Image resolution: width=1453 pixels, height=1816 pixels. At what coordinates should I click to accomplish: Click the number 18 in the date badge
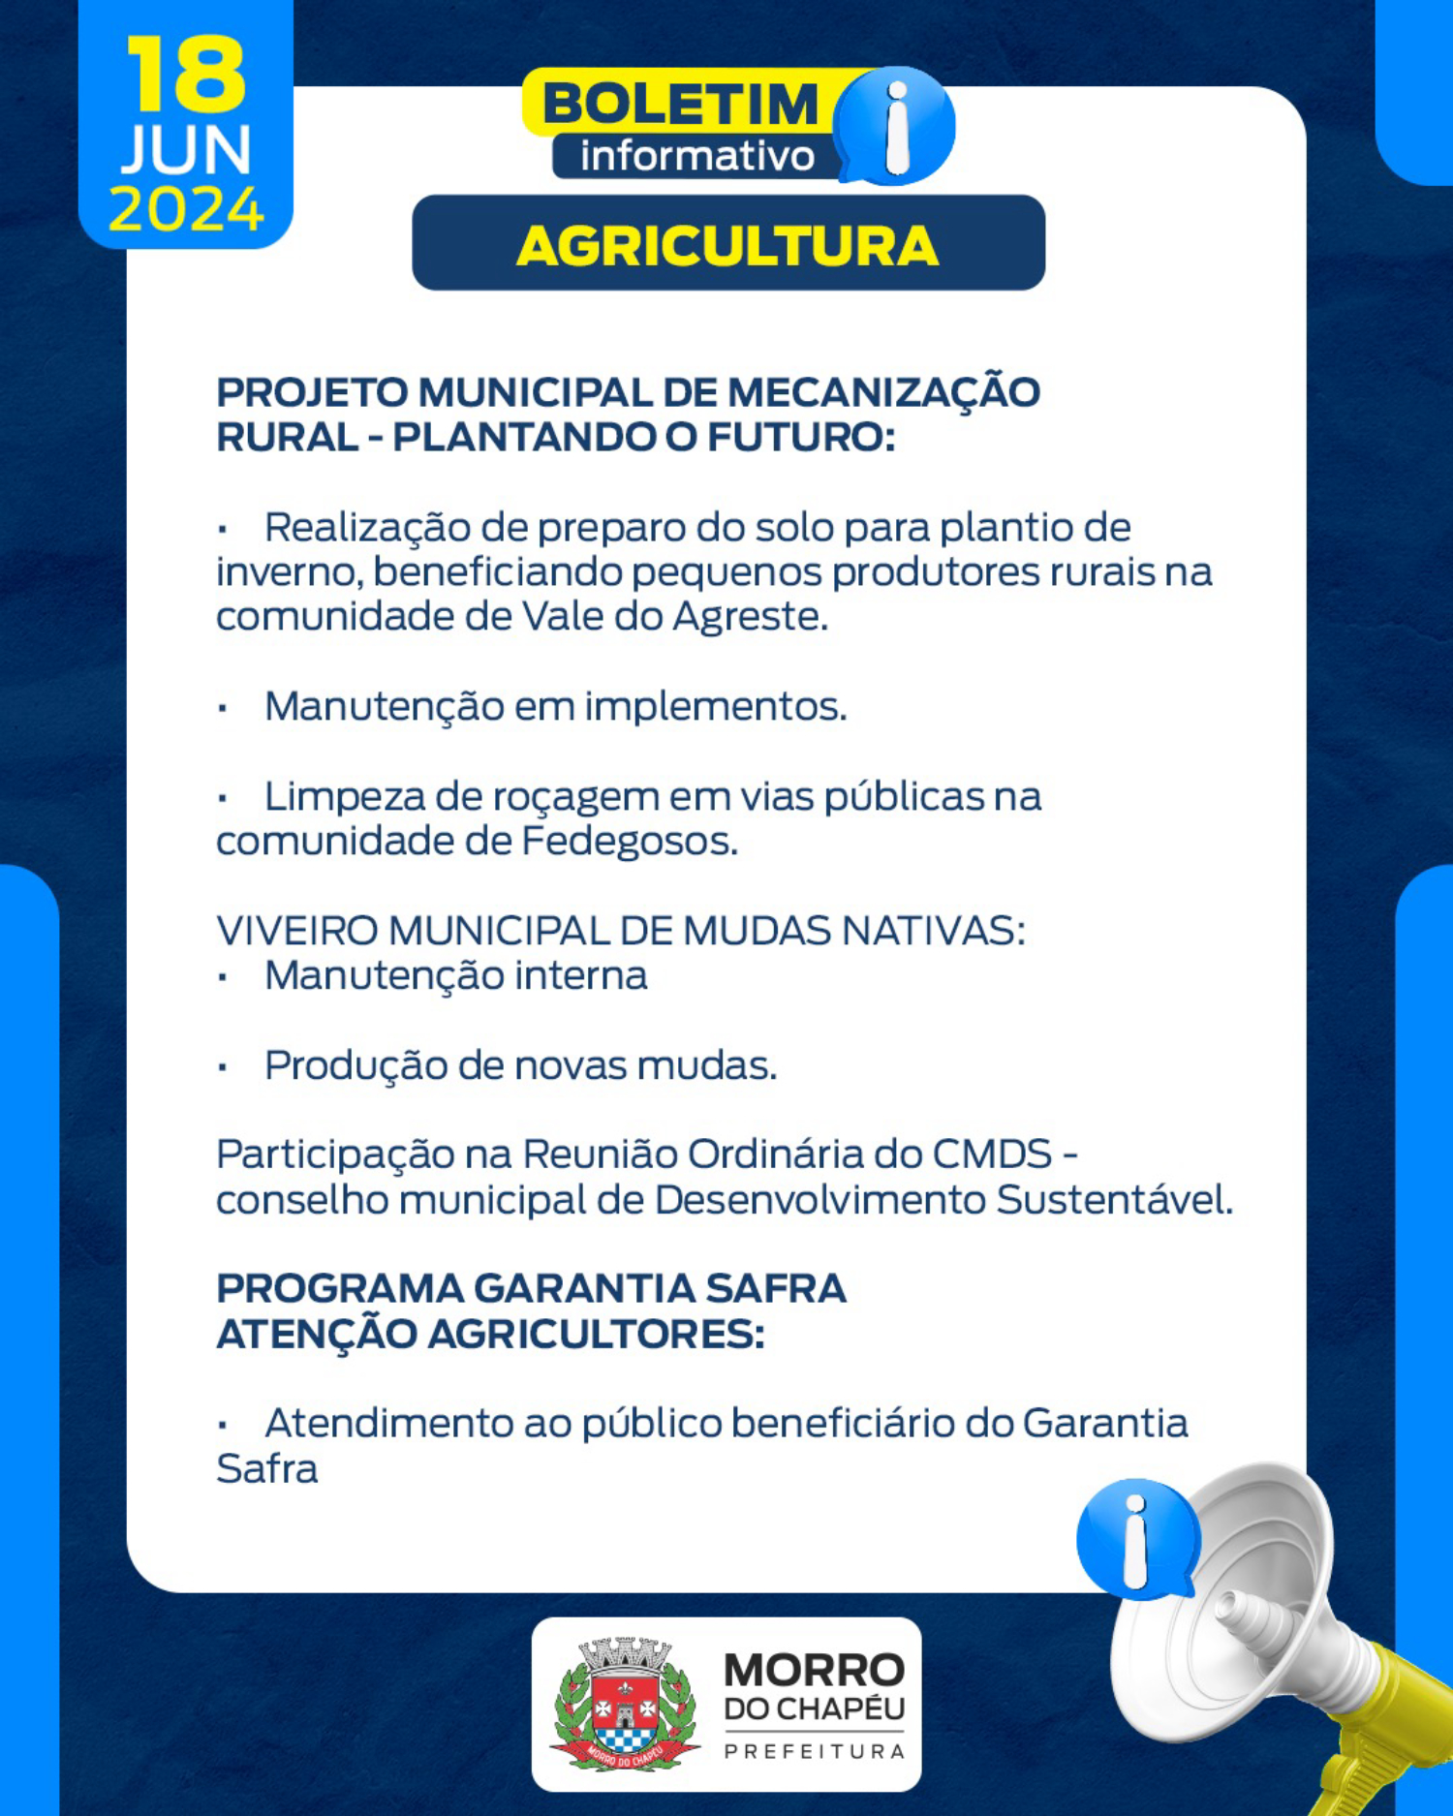tap(186, 75)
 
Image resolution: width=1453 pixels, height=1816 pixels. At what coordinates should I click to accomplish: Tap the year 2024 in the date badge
tap(186, 209)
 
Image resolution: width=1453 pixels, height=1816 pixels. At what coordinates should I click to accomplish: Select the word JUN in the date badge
tap(186, 150)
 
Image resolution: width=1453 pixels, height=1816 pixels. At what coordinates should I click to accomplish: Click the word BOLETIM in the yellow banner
tap(681, 104)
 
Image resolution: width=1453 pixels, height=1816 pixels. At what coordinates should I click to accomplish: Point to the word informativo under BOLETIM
tap(697, 156)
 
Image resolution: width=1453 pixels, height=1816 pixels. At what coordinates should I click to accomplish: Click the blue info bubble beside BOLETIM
tap(894, 125)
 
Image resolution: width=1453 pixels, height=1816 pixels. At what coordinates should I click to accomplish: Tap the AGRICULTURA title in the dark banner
tap(727, 246)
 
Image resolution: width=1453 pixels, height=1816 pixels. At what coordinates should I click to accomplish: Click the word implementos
tap(716, 707)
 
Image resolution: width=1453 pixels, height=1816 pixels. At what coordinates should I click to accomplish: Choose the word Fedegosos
tap(630, 841)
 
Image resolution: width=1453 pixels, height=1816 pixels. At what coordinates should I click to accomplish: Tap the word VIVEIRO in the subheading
tap(296, 931)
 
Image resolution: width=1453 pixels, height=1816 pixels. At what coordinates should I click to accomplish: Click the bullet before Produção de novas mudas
tap(223, 1067)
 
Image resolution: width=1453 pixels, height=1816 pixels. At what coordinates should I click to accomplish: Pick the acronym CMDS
tap(992, 1154)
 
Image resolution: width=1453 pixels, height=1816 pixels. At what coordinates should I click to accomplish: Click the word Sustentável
tap(1114, 1200)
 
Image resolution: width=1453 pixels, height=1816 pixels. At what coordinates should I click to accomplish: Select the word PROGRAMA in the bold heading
tap(340, 1289)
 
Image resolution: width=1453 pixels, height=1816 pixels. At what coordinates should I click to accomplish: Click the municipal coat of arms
tap(625, 1704)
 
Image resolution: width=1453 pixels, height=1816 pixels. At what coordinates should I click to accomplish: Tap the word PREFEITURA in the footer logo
tap(815, 1751)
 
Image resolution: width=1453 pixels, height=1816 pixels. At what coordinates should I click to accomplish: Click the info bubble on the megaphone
tap(1137, 1539)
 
